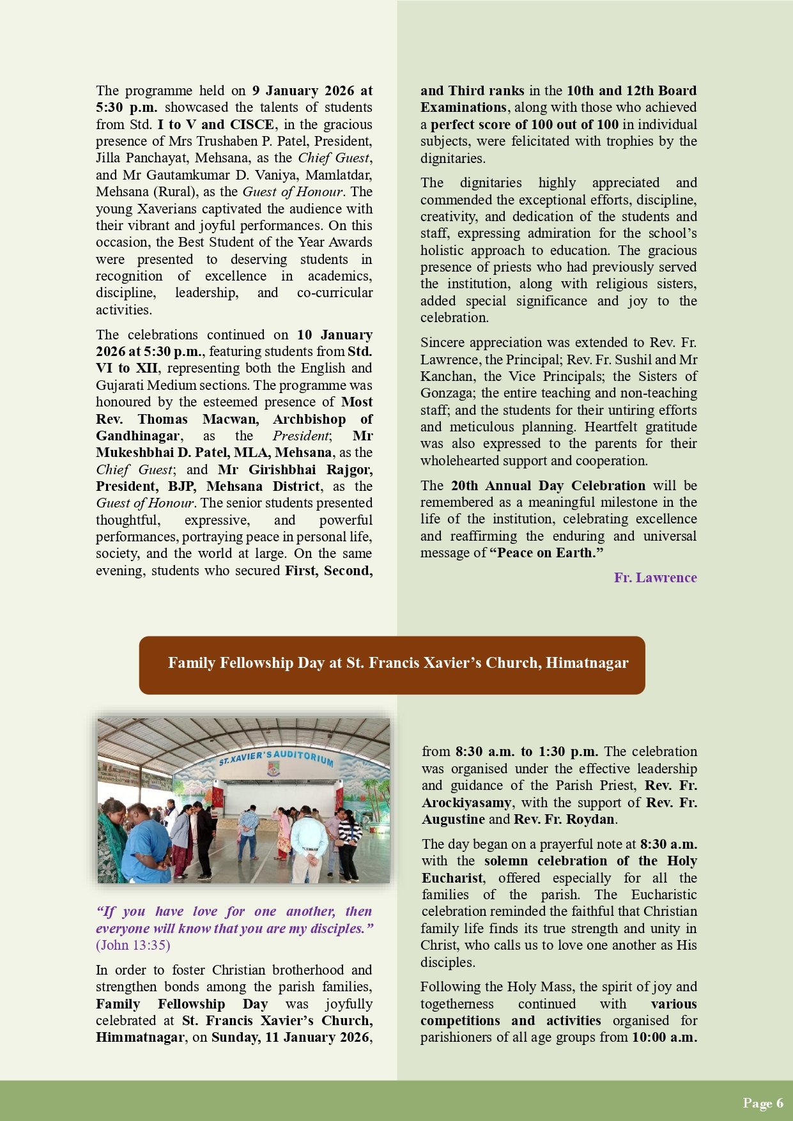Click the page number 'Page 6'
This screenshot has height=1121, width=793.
coord(762,1103)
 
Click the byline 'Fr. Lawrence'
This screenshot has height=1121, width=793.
coord(655,578)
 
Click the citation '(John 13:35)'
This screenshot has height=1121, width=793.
coord(133,945)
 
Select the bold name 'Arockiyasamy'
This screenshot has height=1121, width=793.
coord(466,803)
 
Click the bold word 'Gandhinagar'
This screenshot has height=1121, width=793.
coord(138,436)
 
